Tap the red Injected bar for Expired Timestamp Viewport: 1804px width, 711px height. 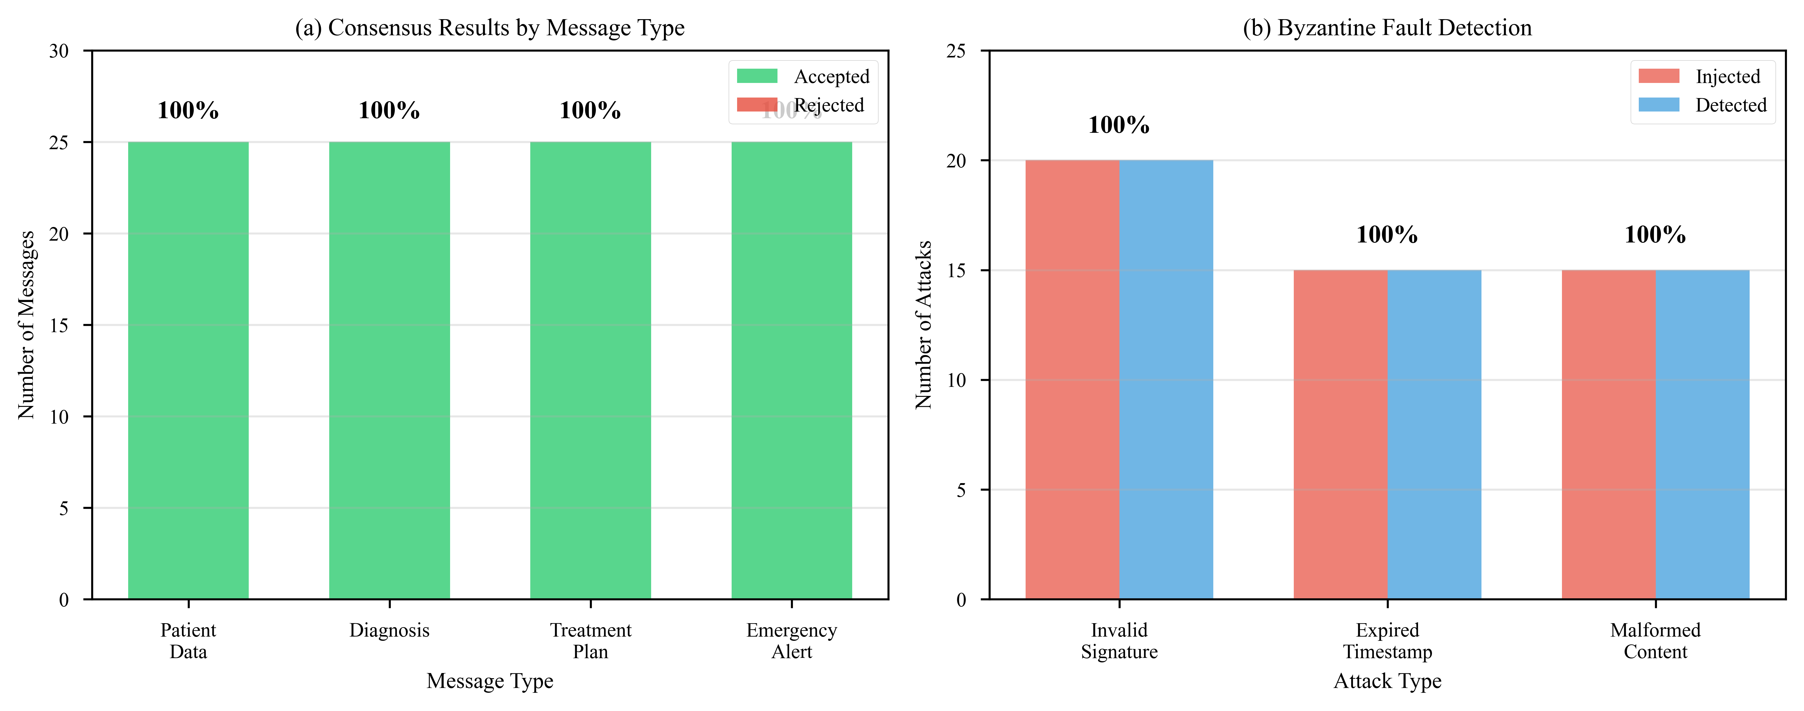coord(1340,434)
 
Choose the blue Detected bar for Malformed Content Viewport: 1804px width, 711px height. coord(1703,434)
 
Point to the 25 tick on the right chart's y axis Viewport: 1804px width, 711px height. coord(957,51)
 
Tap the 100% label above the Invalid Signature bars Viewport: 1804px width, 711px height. coord(1119,125)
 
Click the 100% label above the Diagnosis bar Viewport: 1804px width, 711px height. coord(389,111)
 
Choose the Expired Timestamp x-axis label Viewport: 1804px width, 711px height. coord(1387,641)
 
